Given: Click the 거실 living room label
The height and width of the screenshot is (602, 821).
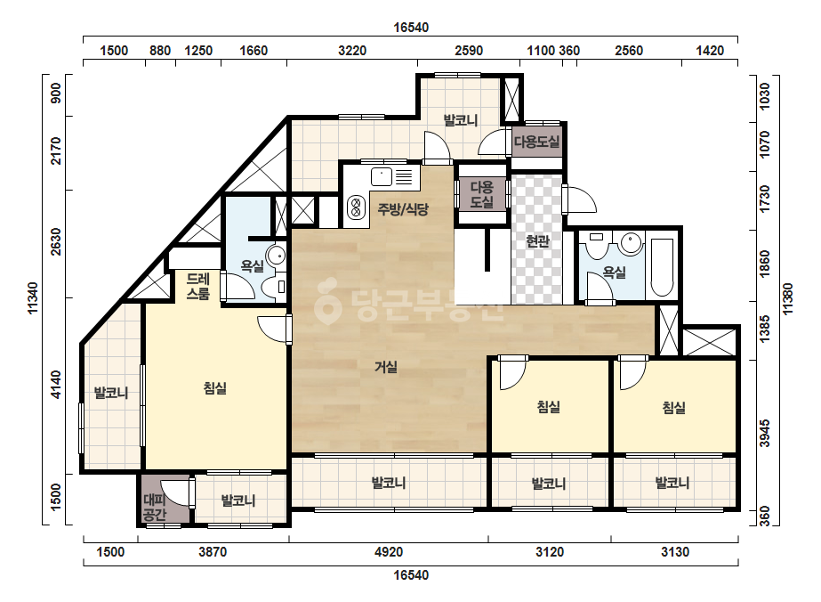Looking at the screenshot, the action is pyautogui.click(x=386, y=367).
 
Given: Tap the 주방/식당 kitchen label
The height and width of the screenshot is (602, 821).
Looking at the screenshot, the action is pyautogui.click(x=403, y=209).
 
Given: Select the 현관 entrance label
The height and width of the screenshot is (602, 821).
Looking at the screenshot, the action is pyautogui.click(x=537, y=241).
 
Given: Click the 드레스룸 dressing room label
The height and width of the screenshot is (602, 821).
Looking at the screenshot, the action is pyautogui.click(x=198, y=287).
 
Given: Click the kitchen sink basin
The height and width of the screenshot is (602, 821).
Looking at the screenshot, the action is pyautogui.click(x=382, y=176).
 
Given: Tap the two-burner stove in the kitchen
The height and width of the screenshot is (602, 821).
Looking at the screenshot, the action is pyautogui.click(x=356, y=207).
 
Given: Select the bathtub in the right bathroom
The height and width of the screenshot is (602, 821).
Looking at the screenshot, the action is pyautogui.click(x=662, y=268).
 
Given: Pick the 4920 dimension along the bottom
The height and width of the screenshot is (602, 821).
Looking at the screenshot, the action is pyautogui.click(x=389, y=551).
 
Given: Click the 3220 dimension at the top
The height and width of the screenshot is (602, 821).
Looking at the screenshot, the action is pyautogui.click(x=352, y=51).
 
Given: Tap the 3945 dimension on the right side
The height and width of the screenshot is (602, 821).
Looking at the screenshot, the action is pyautogui.click(x=765, y=433).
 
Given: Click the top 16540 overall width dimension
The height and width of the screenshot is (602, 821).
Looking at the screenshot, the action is pyautogui.click(x=411, y=28).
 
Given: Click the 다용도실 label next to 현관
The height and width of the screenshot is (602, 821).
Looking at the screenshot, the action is pyautogui.click(x=482, y=194).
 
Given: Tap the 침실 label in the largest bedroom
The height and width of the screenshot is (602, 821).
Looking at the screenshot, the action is pyautogui.click(x=214, y=388).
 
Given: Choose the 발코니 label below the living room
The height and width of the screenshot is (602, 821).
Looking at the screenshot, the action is pyautogui.click(x=389, y=483).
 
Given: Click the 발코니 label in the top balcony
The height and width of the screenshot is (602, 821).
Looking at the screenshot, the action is pyautogui.click(x=461, y=120).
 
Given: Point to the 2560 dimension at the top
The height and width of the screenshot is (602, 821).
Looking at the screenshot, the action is pyautogui.click(x=628, y=51).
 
